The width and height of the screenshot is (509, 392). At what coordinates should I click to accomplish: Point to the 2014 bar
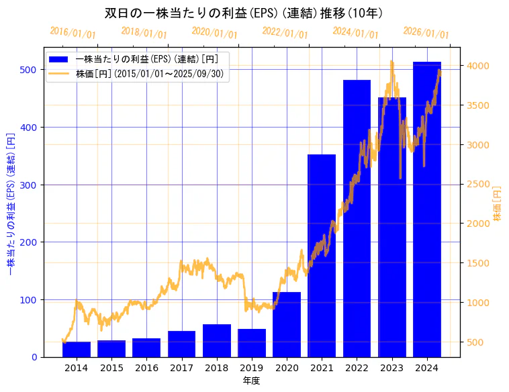[77, 350]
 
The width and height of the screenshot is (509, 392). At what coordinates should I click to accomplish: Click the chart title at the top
[244, 13]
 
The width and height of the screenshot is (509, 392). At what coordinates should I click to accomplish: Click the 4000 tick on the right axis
[478, 66]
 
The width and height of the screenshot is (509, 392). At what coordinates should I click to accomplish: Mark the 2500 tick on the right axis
[478, 184]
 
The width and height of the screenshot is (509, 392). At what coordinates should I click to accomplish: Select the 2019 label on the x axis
[252, 368]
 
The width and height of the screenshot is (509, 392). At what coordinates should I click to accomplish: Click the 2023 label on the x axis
[392, 368]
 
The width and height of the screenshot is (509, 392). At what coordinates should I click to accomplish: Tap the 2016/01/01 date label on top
[73, 32]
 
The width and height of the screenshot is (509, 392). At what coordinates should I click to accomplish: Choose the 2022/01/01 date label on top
[285, 32]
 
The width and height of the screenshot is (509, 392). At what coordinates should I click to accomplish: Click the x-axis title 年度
[251, 381]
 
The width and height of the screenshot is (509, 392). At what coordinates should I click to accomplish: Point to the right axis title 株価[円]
[498, 203]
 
